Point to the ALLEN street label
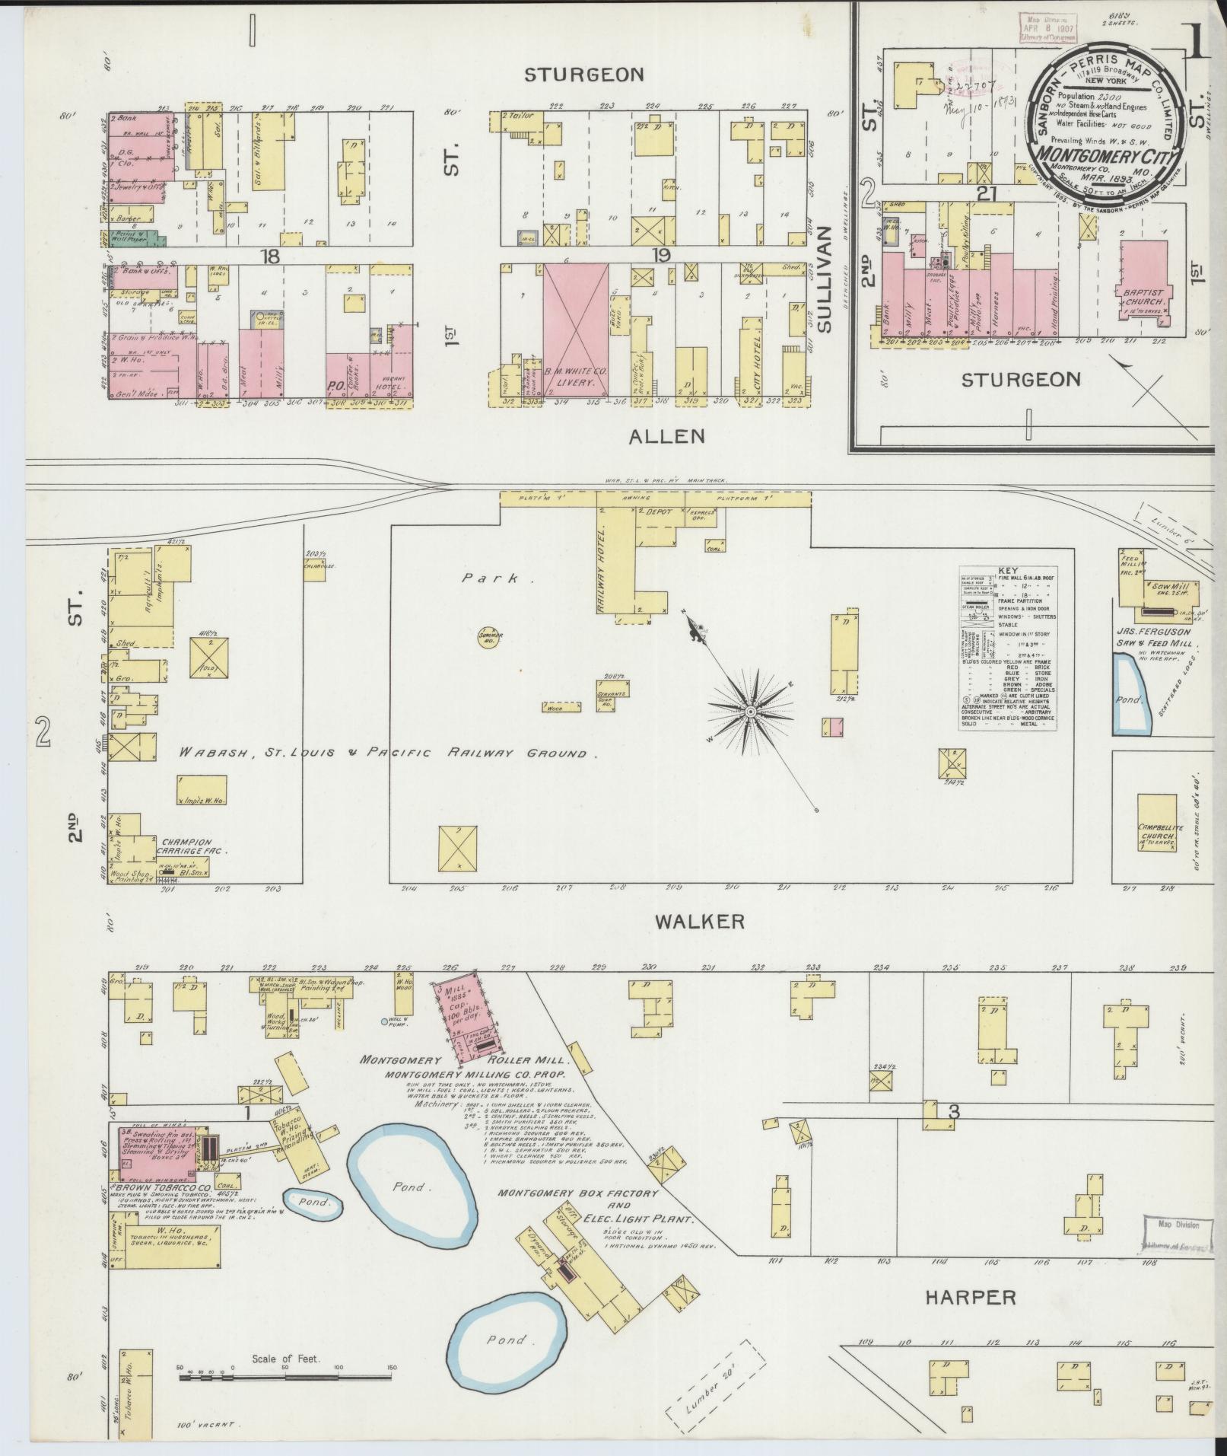[667, 436]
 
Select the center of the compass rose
[750, 711]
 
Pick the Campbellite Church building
[1157, 833]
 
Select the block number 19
[661, 255]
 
